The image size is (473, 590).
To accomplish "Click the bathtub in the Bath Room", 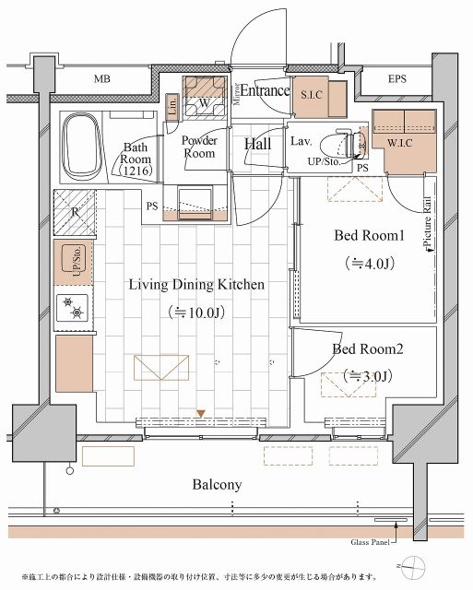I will tap(82, 145).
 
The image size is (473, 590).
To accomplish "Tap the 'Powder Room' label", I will tap(198, 147).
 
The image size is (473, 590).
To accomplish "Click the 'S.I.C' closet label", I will tap(309, 94).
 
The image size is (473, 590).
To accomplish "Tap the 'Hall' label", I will tap(258, 144).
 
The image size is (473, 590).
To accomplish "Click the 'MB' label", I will tap(102, 79).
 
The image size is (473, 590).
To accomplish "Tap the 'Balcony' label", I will tap(218, 484).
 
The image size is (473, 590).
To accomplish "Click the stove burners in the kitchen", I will tap(74, 306).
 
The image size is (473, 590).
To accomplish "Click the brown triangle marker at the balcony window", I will tap(201, 412).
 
